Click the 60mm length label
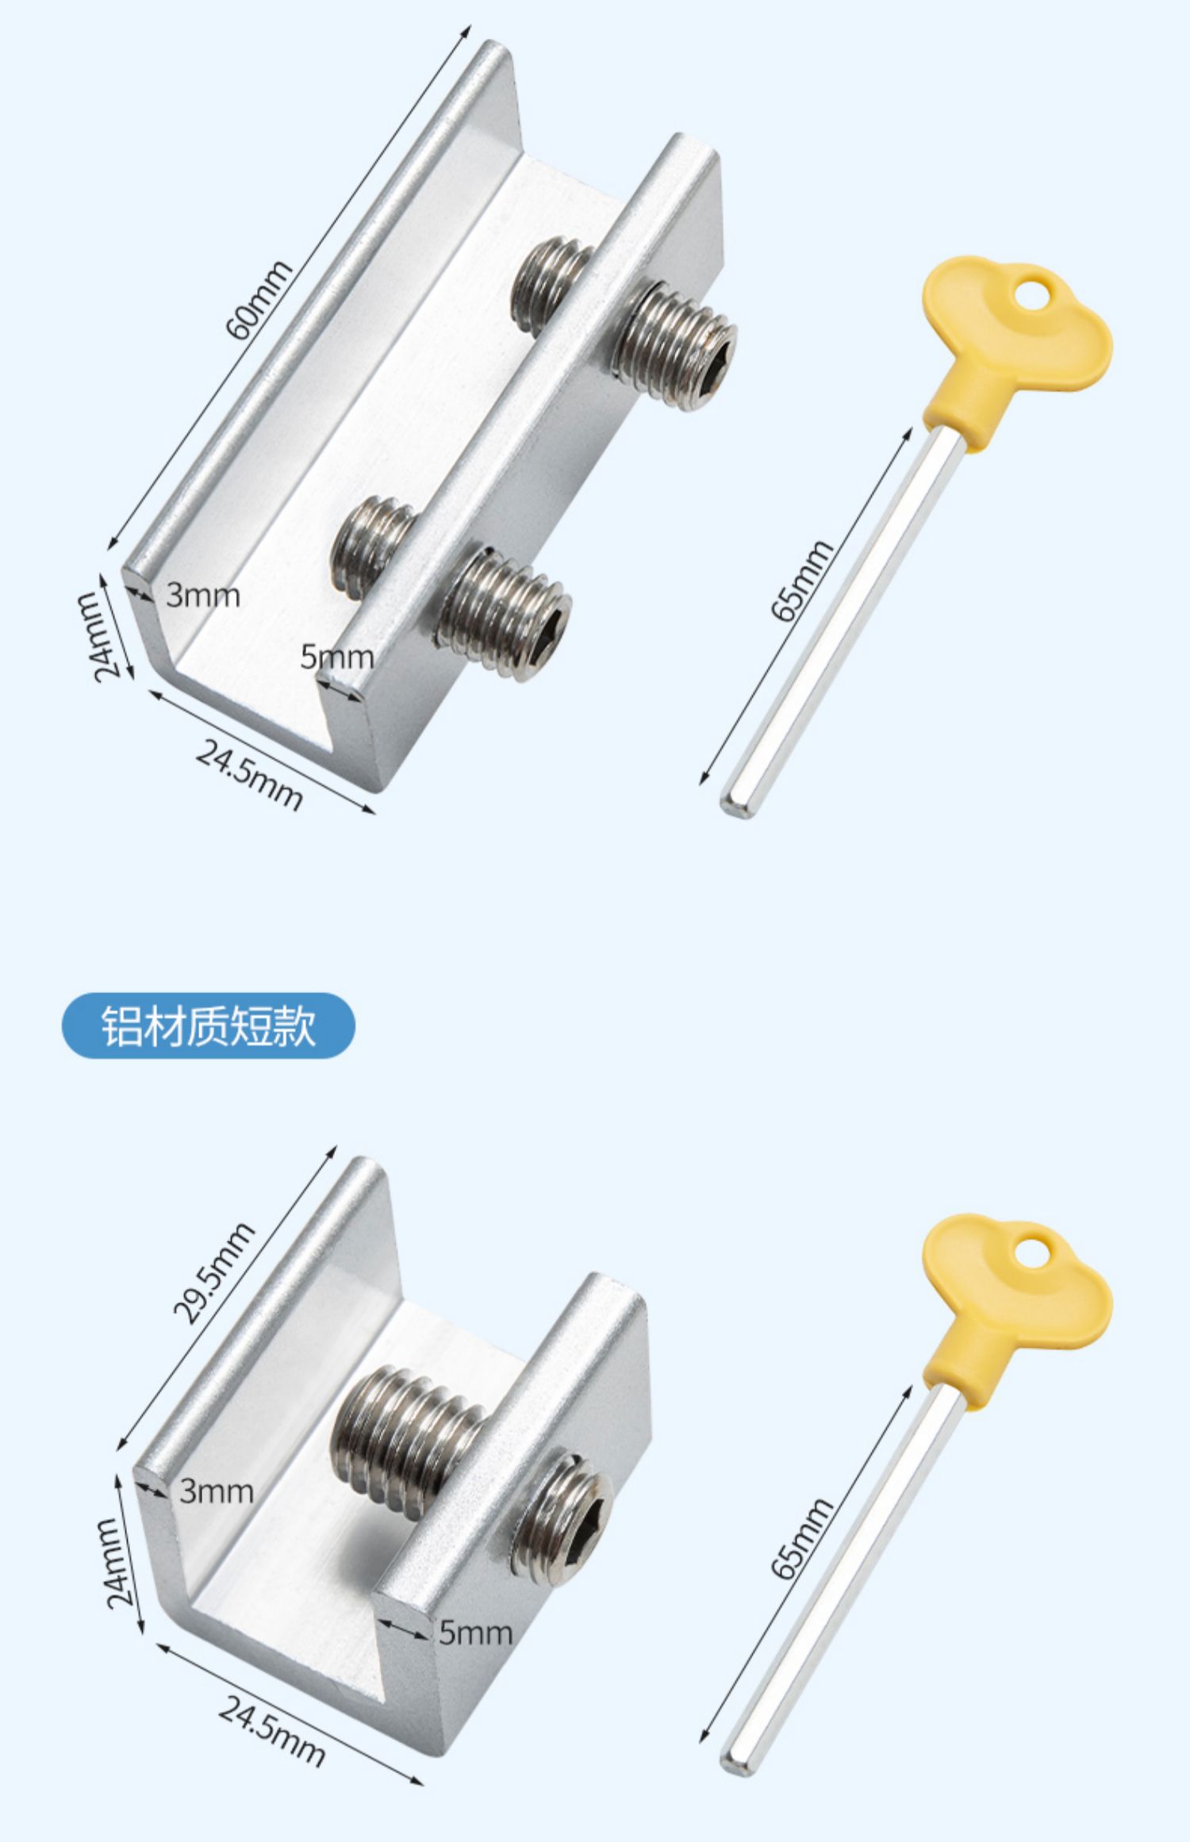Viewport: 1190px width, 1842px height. [259, 300]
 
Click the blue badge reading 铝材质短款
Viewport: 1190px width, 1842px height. [209, 1026]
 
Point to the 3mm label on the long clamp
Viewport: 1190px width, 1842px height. [203, 595]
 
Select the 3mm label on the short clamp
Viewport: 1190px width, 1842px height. [217, 1491]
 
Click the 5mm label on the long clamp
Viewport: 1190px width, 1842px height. [337, 657]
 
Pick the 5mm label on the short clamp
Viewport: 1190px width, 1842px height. [476, 1633]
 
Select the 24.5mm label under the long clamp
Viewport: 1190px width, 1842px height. [249, 776]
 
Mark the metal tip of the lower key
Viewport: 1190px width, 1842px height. [735, 1762]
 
